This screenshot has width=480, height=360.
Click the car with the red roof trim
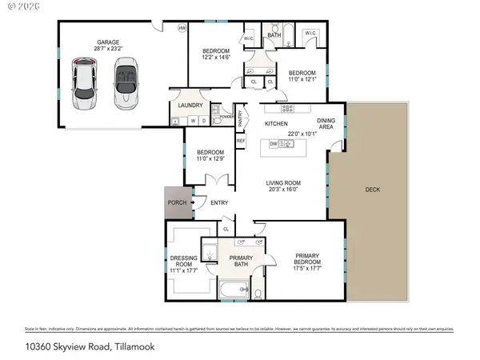click(x=84, y=83)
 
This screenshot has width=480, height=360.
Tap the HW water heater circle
click(x=182, y=29)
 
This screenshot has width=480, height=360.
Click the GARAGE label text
click(x=109, y=42)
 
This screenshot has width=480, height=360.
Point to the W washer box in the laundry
click(x=192, y=121)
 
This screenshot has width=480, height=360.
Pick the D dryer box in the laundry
click(x=203, y=121)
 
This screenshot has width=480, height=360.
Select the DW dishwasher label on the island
click(x=274, y=144)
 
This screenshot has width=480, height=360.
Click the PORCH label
click(x=177, y=202)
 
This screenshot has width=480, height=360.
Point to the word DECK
click(x=373, y=190)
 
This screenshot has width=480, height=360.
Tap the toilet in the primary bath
click(x=258, y=293)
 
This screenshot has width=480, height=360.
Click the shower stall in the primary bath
click(x=210, y=251)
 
